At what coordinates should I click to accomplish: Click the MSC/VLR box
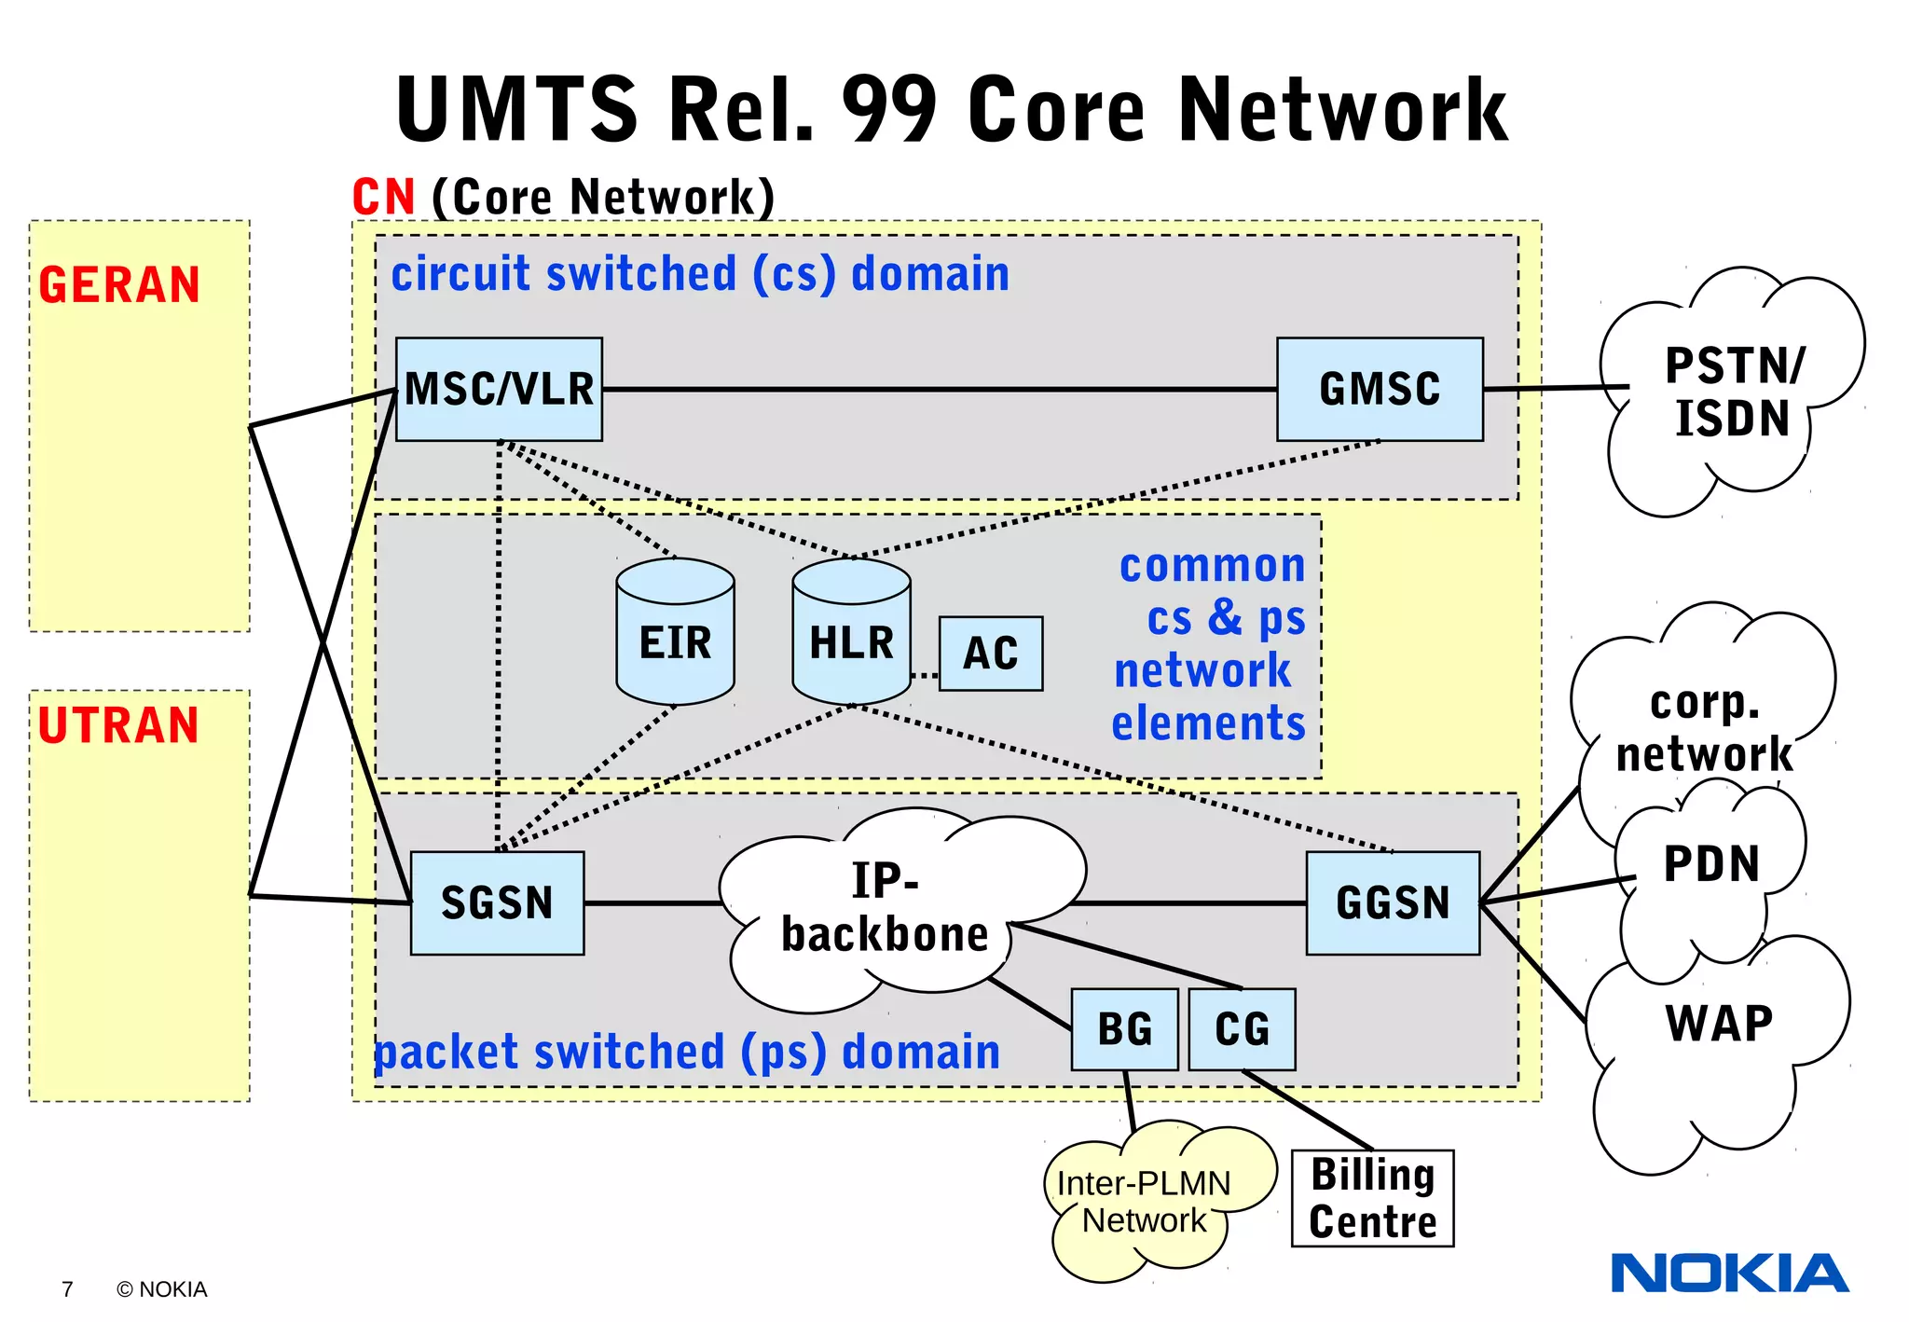pos(499,389)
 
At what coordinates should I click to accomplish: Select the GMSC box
pos(1380,389)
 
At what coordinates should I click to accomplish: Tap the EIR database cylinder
pos(675,634)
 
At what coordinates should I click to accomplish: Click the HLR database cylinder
pos(850,634)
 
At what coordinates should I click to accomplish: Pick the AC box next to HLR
pos(990,653)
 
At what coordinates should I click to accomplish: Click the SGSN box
pos(497,902)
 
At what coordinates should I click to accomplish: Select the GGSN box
pos(1393,902)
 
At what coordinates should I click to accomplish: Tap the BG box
pos(1124,1029)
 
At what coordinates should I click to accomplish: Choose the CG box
pos(1242,1029)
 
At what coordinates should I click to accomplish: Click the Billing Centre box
pos(1372,1198)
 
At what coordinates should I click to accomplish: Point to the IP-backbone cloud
pos(886,909)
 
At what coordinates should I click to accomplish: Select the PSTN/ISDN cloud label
pos(1734,392)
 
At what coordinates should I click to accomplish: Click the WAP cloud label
pos(1719,1024)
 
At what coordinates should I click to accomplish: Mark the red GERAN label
pos(119,285)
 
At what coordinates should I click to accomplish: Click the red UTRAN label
pos(119,725)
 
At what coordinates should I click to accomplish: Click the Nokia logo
pos(1729,1274)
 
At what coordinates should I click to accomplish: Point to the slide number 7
pos(67,1289)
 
